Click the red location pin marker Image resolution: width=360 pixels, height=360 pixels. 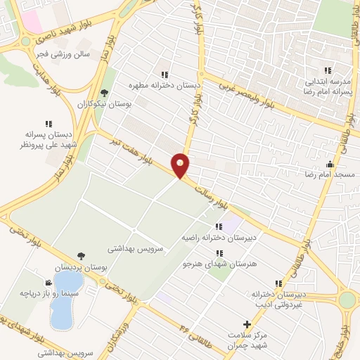pos(181,165)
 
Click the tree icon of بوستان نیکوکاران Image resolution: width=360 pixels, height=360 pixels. pos(105,92)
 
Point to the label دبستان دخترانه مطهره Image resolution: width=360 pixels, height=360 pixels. pos(165,84)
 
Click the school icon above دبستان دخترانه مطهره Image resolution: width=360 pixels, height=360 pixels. pos(165,74)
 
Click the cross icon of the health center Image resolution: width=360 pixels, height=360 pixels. pos(245,324)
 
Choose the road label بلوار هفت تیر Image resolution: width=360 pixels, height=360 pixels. pos(124,150)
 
